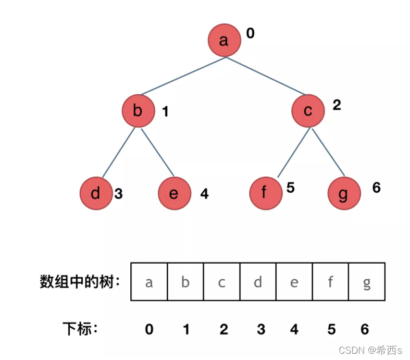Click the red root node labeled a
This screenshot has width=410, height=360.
(224, 40)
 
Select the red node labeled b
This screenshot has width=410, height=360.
(138, 110)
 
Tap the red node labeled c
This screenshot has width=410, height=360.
(308, 111)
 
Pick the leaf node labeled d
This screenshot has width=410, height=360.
(96, 193)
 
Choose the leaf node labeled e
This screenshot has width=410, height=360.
(174, 193)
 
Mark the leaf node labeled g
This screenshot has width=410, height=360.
(344, 193)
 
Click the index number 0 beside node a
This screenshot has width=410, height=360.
(250, 34)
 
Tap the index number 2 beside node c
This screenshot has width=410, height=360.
(337, 105)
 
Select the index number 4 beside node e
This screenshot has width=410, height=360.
(204, 194)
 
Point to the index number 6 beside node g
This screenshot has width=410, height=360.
(377, 188)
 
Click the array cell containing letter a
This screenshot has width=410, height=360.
(149, 282)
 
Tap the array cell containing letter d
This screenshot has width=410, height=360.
(258, 282)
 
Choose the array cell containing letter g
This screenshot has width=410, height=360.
(367, 282)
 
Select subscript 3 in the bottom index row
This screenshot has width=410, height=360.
(261, 329)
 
